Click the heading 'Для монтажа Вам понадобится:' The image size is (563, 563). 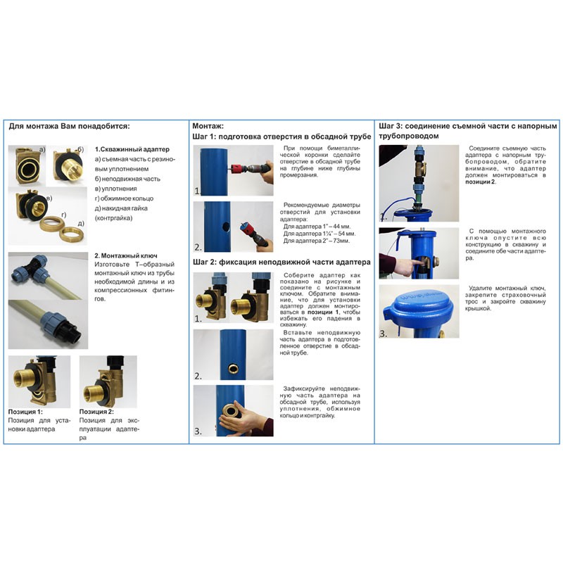pos(69,127)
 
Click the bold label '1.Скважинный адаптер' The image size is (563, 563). pos(132,149)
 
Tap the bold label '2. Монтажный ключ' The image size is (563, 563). pos(126,255)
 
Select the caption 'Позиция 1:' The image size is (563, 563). pos(25,412)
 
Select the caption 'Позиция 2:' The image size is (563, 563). pos(96,412)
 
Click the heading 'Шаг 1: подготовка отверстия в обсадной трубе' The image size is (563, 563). pos(282,137)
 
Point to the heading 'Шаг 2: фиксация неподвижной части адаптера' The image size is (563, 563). pos(281,262)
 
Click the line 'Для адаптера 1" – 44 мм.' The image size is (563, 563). pos(317,227)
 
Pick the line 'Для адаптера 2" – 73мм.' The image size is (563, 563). pos(316,241)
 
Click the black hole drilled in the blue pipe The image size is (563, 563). pos(226,227)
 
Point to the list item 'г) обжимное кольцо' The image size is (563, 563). pos(125,198)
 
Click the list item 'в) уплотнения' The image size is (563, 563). pos(116,189)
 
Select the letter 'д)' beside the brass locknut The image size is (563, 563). pos(81,223)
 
